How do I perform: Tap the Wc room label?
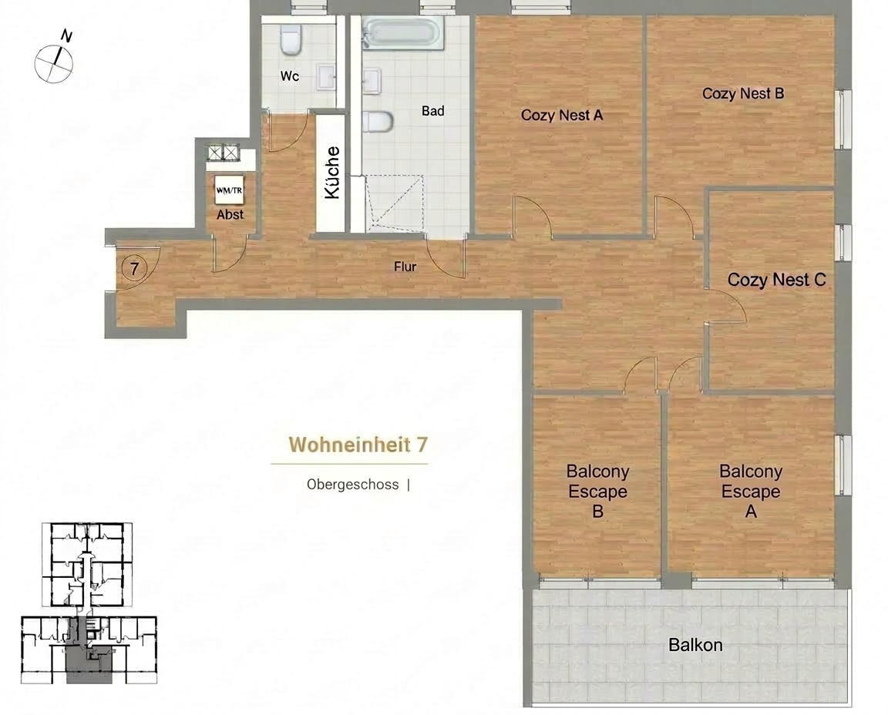(x=290, y=76)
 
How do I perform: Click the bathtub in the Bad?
(x=403, y=34)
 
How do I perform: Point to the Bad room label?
(x=432, y=111)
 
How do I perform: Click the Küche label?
(x=331, y=173)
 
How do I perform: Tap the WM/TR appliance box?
(x=229, y=190)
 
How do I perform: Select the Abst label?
(x=230, y=215)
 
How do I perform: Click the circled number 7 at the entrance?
(x=135, y=269)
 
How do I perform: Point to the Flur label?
(x=405, y=267)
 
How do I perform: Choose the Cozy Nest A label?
(x=561, y=116)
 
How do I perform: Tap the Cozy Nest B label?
(x=743, y=93)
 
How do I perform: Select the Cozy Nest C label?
(x=776, y=280)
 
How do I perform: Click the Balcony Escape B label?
(x=597, y=492)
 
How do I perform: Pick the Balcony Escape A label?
(x=751, y=492)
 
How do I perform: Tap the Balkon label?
(x=695, y=645)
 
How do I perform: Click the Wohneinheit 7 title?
(x=358, y=445)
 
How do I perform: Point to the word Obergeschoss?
(x=352, y=485)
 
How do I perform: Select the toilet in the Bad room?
(x=379, y=122)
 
